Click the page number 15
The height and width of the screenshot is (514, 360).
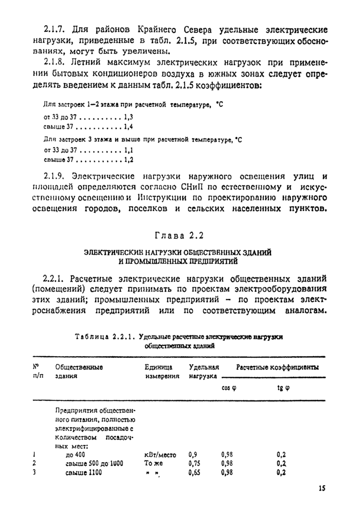coord(321,488)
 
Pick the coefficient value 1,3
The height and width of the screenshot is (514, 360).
coord(129,117)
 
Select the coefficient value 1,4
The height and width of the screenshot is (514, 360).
coord(129,126)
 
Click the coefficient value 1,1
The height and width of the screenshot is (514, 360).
coord(129,150)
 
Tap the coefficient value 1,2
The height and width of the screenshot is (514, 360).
coord(129,159)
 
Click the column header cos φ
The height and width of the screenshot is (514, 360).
coord(229,388)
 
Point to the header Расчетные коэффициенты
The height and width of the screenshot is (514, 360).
coord(277,368)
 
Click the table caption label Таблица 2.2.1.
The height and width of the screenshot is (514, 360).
coord(104,337)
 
